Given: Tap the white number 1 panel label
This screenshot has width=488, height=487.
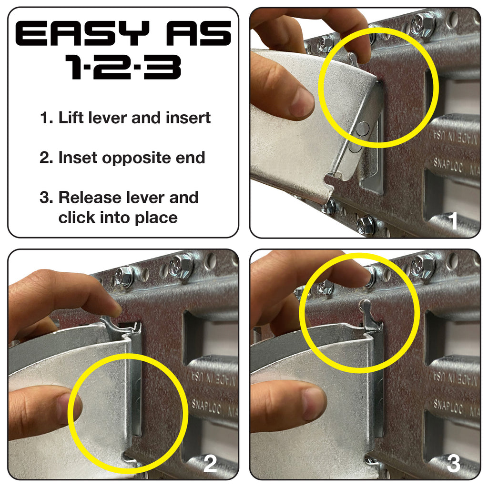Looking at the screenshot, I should pos(453,221).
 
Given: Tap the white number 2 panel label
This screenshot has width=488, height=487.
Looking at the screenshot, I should pos(210,464).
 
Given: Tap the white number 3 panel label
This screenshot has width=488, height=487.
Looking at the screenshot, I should pos(453,464).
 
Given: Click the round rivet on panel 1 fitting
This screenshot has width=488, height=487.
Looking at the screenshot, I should pos(363,128).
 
